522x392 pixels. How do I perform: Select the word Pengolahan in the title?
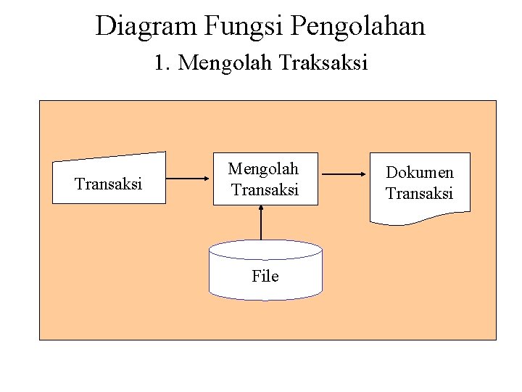tap(357, 26)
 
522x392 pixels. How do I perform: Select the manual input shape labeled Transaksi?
tap(109, 179)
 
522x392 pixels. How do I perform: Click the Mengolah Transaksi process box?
tap(265, 179)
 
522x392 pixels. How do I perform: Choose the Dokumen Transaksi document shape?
tap(419, 186)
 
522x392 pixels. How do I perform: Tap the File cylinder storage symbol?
tap(265, 270)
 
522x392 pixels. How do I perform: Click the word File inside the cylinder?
tap(265, 276)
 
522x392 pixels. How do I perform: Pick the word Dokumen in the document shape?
tap(419, 173)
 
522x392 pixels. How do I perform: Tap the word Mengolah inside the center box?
tap(263, 169)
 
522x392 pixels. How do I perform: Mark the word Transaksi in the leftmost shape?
tap(109, 184)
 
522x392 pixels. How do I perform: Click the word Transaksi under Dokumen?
tap(419, 193)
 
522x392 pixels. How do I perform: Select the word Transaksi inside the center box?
tap(265, 190)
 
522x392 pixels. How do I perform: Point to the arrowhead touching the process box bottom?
tap(262, 209)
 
